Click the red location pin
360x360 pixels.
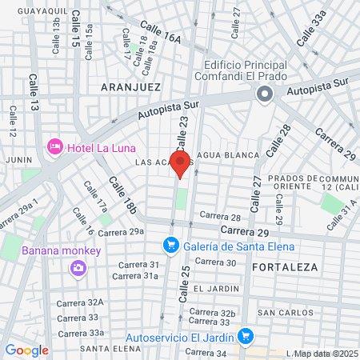pyautogui.click(x=181, y=163)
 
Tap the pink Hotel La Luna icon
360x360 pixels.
pyautogui.click(x=55, y=147)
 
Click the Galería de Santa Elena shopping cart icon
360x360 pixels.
pyautogui.click(x=170, y=246)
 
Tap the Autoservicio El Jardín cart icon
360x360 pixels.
pyautogui.click(x=246, y=335)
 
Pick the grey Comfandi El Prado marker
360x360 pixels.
pyautogui.click(x=265, y=95)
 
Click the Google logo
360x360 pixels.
pyautogui.click(x=26, y=350)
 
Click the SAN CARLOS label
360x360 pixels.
pyautogui.click(x=279, y=312)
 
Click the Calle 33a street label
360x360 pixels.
pyautogui.click(x=312, y=29)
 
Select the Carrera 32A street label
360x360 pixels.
pyautogui.click(x=86, y=302)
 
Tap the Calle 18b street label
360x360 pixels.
pyautogui.click(x=124, y=197)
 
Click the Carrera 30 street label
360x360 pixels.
pyautogui.click(x=215, y=262)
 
